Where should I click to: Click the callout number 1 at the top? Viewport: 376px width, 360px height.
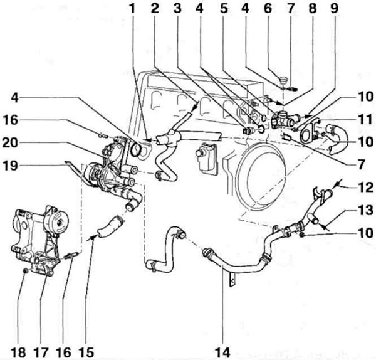click(132, 9)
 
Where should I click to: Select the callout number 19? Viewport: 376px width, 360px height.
click(10, 166)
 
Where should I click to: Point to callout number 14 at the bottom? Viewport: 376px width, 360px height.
click(222, 352)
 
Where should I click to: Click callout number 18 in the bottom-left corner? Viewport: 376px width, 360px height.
click(18, 352)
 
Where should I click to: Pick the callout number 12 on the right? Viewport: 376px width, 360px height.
click(365, 187)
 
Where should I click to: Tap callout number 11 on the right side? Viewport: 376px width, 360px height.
click(365, 119)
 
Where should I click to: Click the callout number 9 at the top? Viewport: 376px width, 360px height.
click(334, 9)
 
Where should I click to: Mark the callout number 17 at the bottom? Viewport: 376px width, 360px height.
click(41, 352)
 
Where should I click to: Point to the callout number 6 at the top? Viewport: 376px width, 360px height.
click(268, 9)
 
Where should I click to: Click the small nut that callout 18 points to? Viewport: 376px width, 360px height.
click(26, 271)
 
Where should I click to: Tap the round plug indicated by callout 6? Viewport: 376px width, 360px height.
click(283, 79)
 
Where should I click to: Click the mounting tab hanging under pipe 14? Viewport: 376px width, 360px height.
click(231, 278)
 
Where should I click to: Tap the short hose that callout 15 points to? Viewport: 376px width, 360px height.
click(110, 227)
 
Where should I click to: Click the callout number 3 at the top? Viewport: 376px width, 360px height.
click(178, 9)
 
